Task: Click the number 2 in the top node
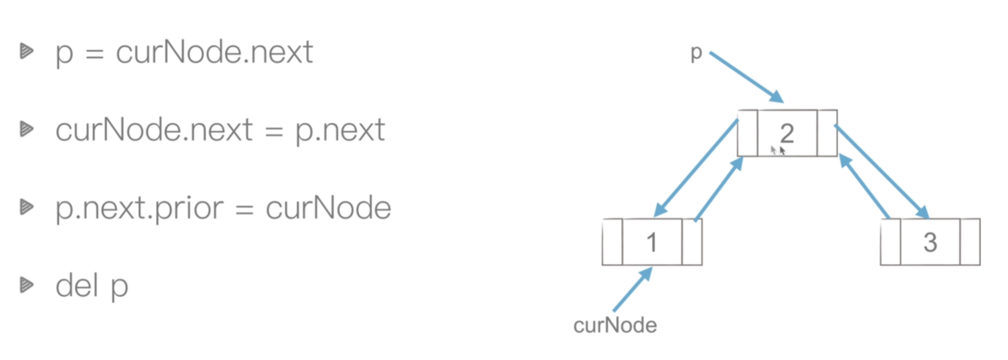click(787, 133)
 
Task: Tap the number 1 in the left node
click(652, 243)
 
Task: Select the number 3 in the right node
click(930, 243)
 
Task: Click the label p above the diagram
click(696, 54)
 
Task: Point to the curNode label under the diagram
click(615, 325)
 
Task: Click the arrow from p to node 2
click(746, 77)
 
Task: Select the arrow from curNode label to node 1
click(633, 289)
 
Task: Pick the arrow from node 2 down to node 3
click(882, 172)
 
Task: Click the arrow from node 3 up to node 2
click(864, 186)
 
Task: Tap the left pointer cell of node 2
click(747, 133)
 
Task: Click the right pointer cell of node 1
click(692, 242)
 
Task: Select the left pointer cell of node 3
click(891, 242)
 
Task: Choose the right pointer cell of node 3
click(970, 242)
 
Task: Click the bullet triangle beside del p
click(27, 285)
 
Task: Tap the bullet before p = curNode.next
click(27, 51)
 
